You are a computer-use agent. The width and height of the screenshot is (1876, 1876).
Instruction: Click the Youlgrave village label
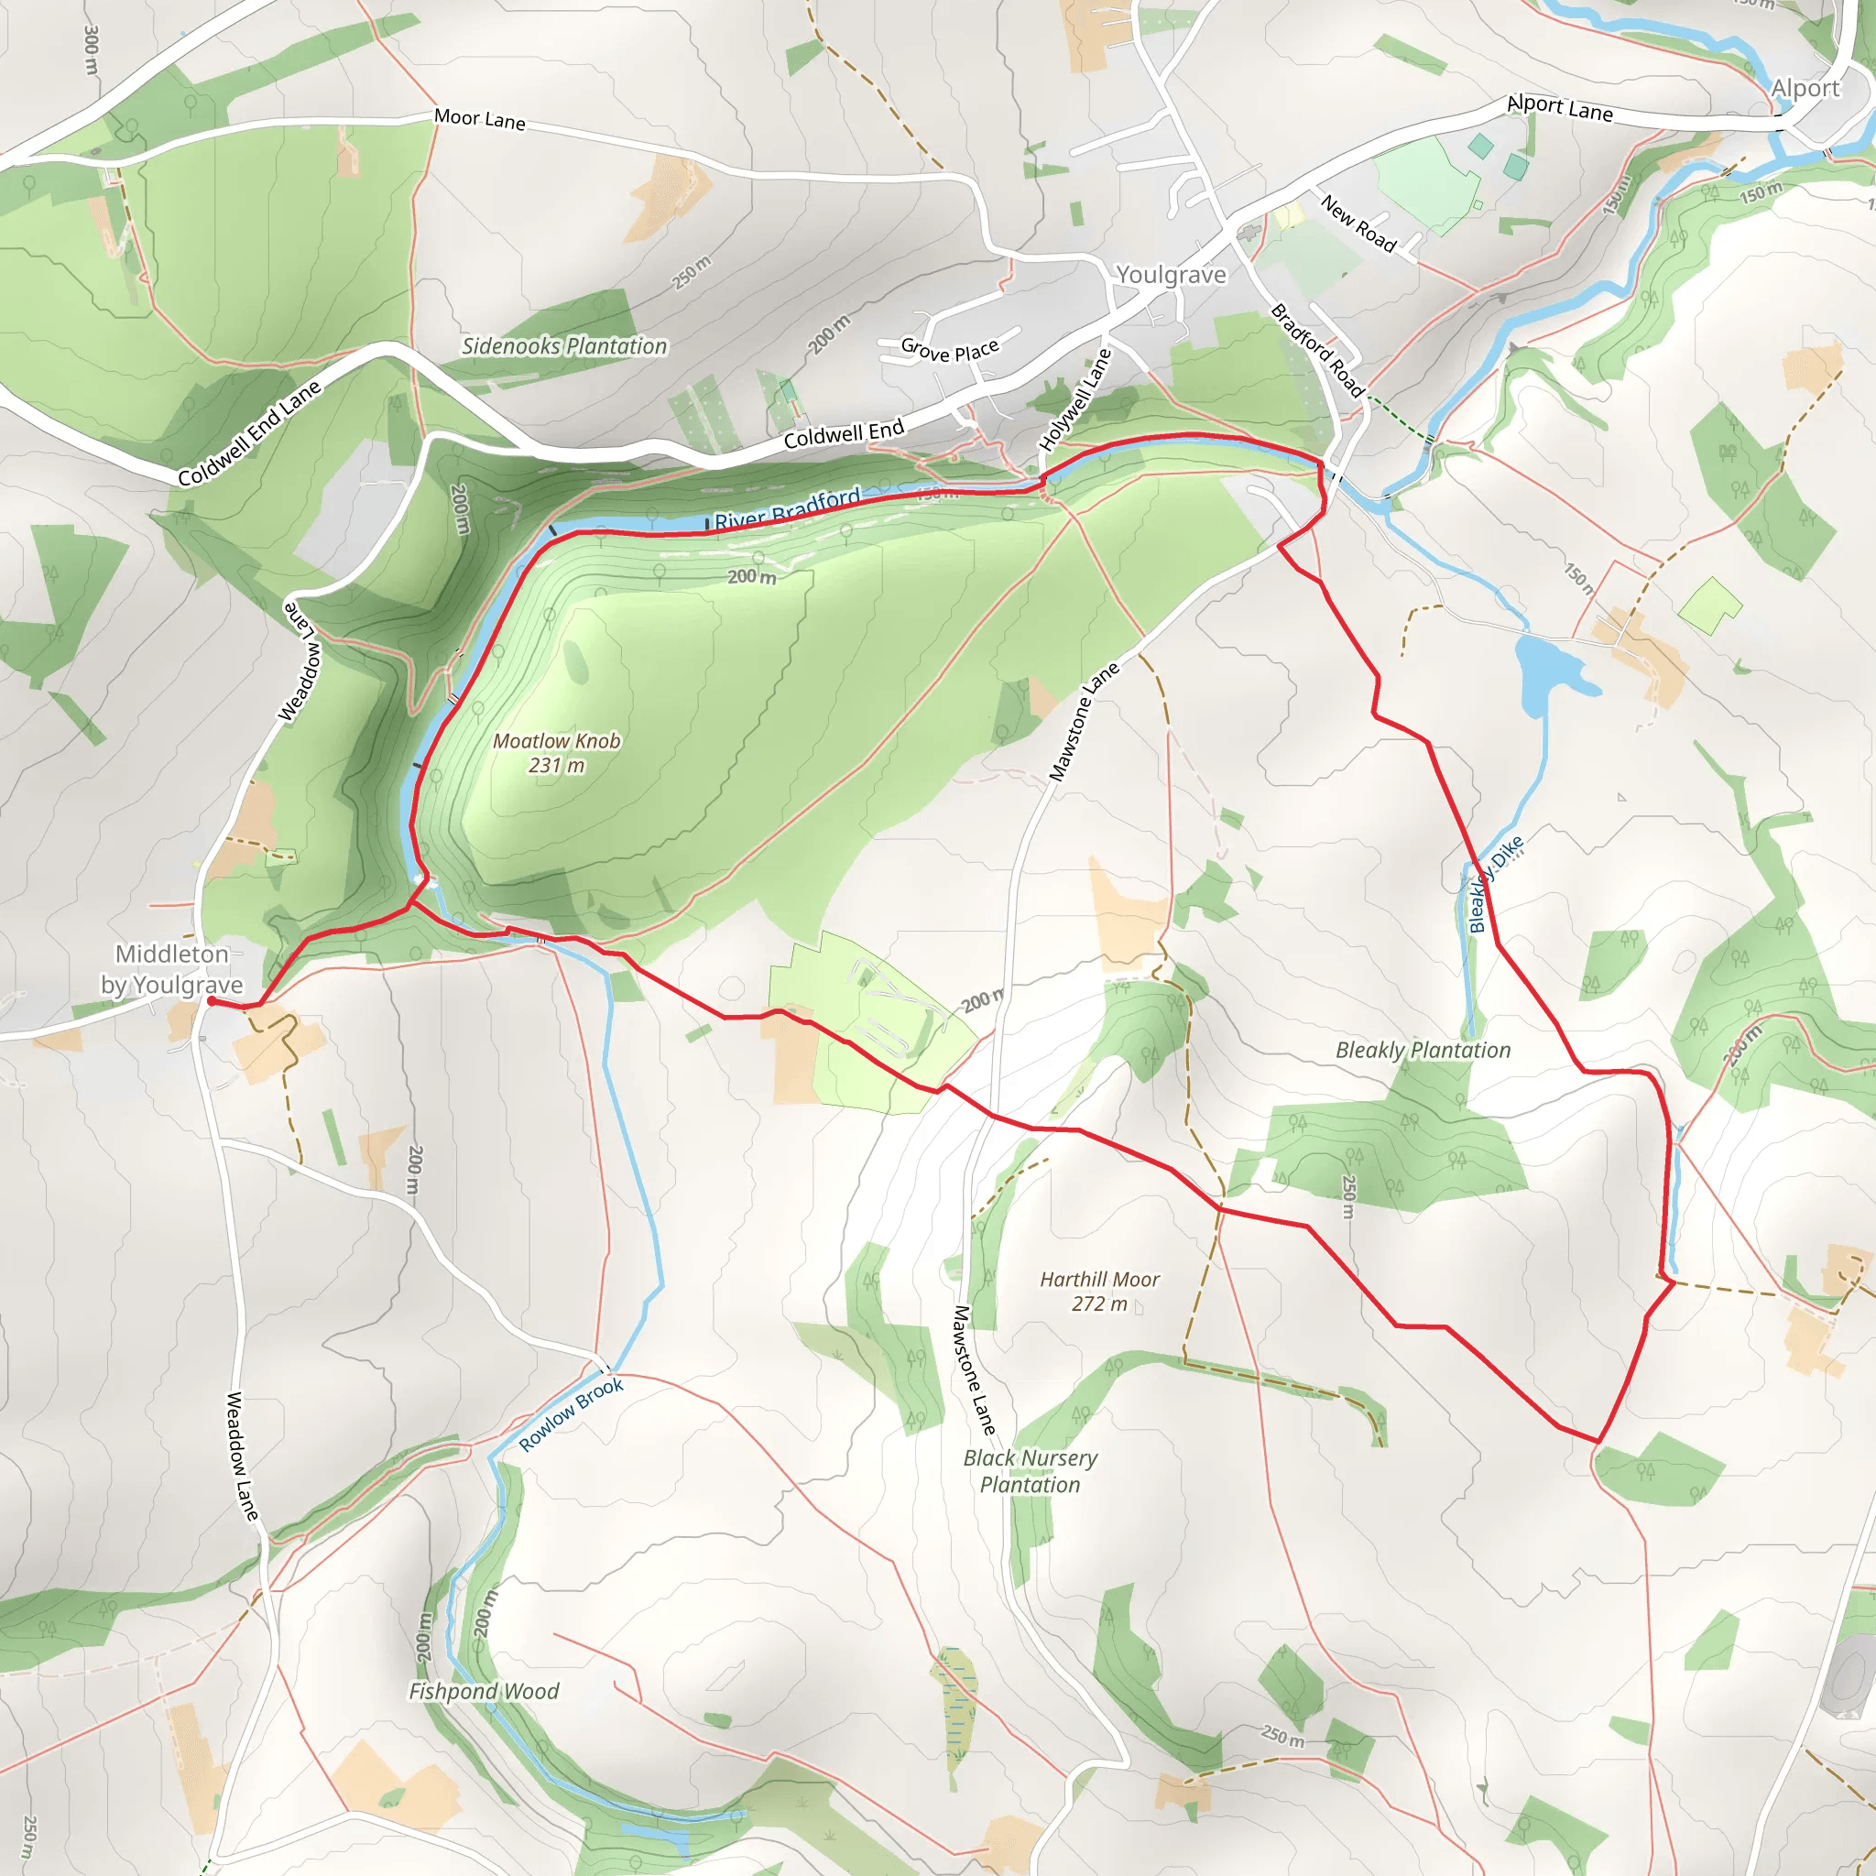click(x=1170, y=275)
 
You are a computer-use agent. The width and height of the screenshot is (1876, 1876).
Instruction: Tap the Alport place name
click(x=1805, y=88)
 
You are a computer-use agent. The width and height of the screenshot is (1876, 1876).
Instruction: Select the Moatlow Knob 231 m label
click(x=556, y=753)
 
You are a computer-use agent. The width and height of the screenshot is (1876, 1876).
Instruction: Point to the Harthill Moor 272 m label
click(x=1099, y=1292)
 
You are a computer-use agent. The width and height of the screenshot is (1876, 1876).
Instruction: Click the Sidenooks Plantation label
click(x=564, y=346)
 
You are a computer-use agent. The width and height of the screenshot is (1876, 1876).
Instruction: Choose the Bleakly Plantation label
click(x=1423, y=1050)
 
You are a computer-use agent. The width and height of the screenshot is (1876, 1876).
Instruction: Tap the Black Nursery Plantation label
click(x=1031, y=1471)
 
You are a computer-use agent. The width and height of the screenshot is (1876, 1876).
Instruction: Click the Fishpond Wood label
click(x=484, y=1692)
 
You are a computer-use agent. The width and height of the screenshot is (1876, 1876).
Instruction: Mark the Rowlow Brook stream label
click(x=571, y=1414)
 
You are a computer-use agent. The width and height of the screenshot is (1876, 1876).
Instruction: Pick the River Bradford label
click(x=788, y=508)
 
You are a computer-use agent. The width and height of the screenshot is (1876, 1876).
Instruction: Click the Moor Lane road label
click(x=480, y=119)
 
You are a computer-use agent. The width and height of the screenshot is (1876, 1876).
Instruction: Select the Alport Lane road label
click(x=1559, y=108)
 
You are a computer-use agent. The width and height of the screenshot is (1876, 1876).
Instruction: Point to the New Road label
click(x=1358, y=224)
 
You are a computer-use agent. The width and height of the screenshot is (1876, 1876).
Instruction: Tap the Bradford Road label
click(x=1317, y=351)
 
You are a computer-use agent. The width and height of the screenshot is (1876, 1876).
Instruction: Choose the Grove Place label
click(x=950, y=350)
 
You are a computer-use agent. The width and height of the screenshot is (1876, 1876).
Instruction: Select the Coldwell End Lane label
click(x=249, y=433)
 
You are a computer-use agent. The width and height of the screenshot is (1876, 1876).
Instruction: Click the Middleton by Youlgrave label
click(x=172, y=969)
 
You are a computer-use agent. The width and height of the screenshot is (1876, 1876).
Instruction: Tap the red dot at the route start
click(x=212, y=1000)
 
